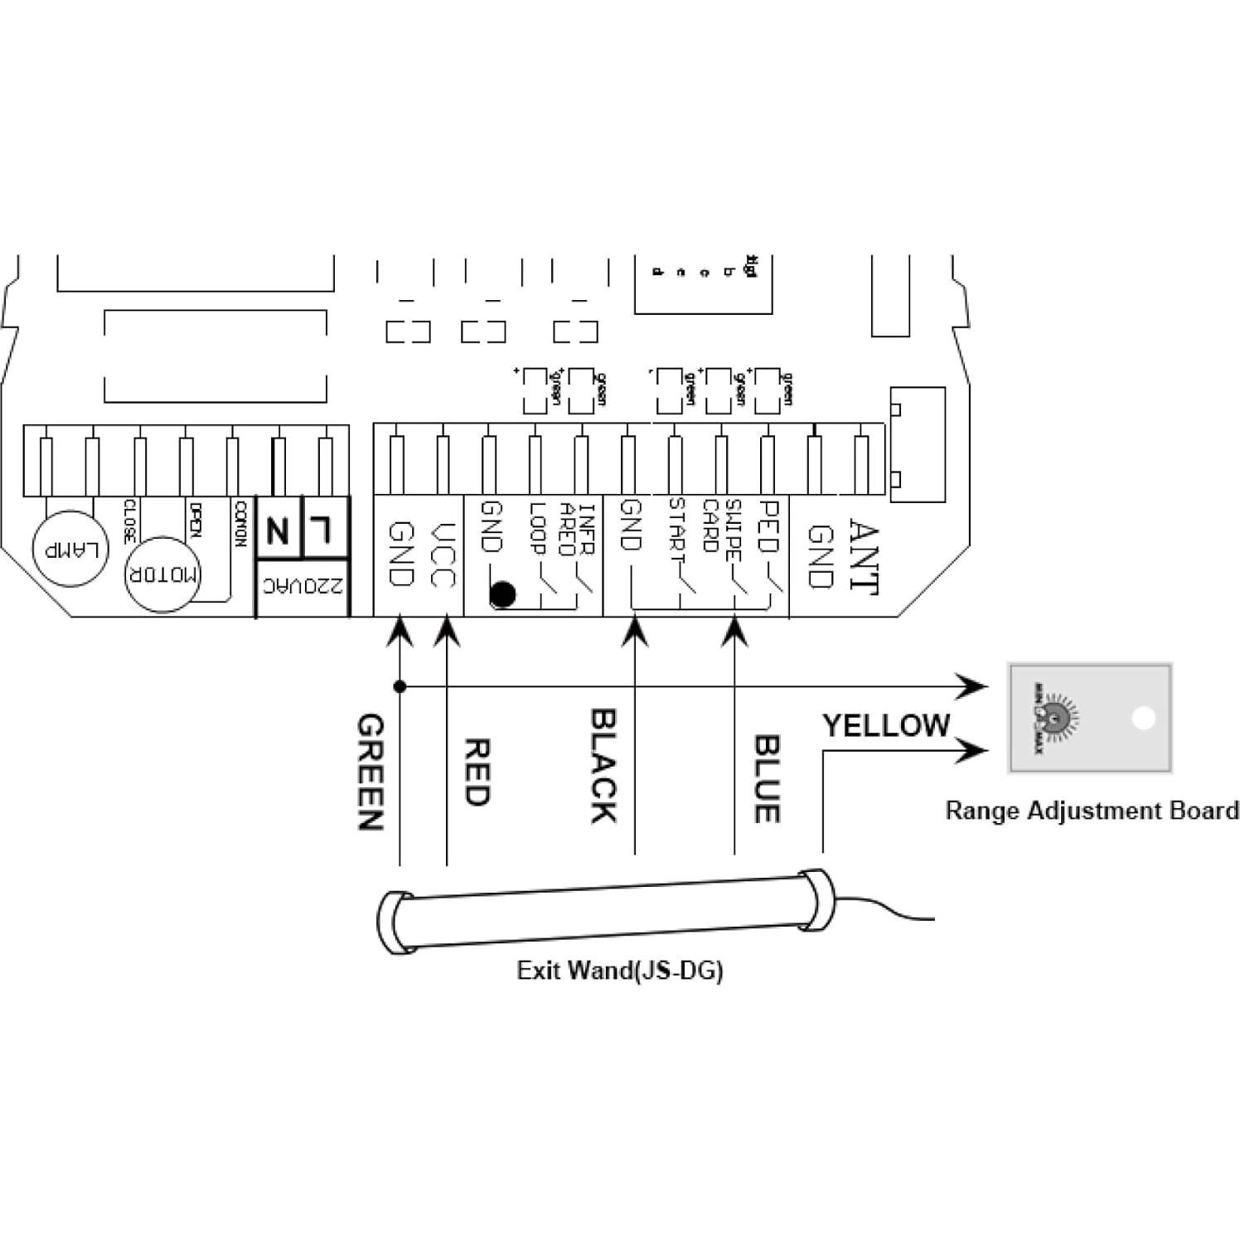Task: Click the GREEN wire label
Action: (x=370, y=773)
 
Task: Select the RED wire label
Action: (x=477, y=773)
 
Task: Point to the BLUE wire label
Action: (x=766, y=778)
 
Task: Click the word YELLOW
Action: (x=885, y=726)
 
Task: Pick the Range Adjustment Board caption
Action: (x=1092, y=810)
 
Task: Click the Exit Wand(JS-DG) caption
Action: (x=619, y=970)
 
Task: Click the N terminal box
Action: (x=279, y=529)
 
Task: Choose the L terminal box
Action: (x=325, y=527)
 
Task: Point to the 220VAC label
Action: (x=302, y=589)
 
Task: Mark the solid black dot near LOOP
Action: (x=502, y=594)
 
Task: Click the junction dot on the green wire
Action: (x=400, y=686)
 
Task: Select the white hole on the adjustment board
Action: (x=1143, y=718)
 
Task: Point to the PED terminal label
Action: (x=768, y=526)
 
